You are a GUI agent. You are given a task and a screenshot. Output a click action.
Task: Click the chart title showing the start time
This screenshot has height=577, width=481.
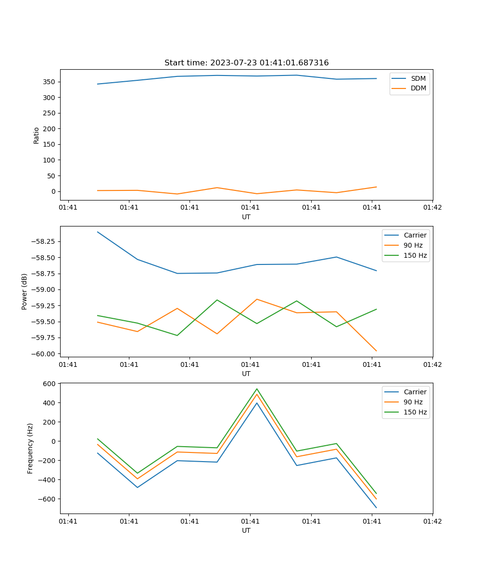(246, 63)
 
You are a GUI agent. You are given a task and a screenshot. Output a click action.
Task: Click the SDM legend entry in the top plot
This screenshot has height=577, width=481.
(418, 78)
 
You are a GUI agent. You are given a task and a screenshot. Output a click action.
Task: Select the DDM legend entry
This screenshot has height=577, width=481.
(418, 88)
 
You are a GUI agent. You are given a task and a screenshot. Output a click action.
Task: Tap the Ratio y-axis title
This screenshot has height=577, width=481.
(37, 135)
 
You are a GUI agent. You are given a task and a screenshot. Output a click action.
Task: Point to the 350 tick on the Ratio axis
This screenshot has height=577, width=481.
(50, 82)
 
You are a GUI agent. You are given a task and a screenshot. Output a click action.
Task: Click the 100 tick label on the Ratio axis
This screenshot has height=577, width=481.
(50, 160)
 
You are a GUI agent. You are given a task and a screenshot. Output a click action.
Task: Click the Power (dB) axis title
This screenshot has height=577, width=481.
(25, 291)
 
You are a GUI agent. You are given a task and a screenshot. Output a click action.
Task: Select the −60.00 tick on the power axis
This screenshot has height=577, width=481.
(44, 354)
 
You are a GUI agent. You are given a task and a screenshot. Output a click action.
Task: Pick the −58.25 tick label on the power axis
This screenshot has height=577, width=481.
(44, 241)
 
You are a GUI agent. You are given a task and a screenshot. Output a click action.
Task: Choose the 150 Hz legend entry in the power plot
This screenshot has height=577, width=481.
(415, 255)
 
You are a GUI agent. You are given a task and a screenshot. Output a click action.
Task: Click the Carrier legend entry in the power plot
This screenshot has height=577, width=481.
(415, 235)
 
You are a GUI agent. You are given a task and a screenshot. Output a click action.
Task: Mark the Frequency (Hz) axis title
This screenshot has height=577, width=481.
(30, 448)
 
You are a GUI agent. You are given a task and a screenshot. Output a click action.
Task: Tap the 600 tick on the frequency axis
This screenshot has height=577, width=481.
(50, 384)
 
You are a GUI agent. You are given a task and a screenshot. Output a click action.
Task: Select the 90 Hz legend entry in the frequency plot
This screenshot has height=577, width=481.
(413, 402)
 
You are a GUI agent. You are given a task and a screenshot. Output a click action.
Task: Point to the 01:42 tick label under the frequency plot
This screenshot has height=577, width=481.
(432, 521)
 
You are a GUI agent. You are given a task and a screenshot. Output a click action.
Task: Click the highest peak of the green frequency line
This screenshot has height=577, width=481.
(257, 389)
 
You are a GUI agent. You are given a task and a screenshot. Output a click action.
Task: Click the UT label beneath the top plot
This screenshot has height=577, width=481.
(246, 217)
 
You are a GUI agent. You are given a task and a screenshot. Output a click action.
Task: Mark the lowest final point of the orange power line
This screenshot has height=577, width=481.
(376, 351)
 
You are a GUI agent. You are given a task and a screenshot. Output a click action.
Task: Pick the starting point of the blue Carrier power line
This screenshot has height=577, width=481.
(98, 232)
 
